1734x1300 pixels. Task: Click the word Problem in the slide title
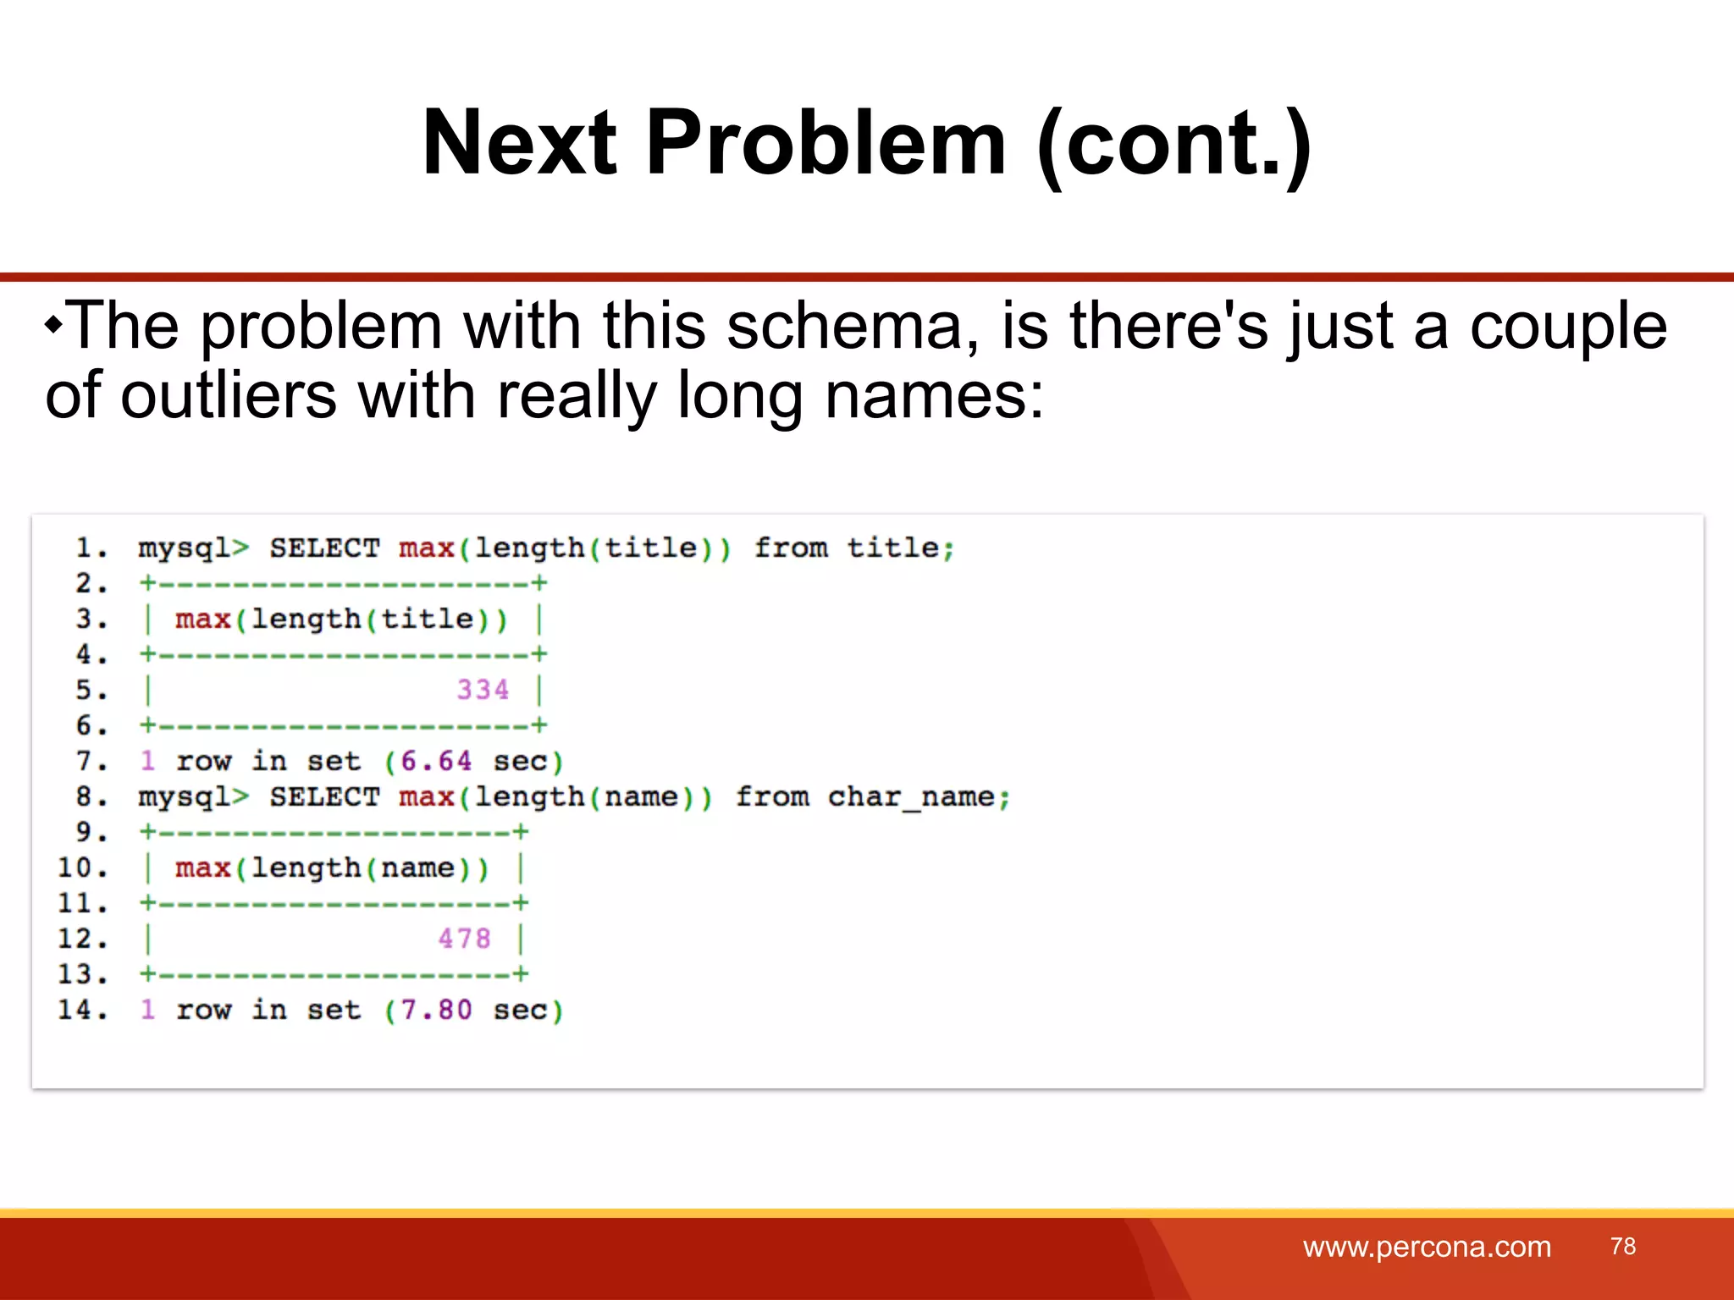click(x=826, y=144)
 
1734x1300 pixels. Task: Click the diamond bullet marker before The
click(x=53, y=324)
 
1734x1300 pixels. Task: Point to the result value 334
click(x=483, y=690)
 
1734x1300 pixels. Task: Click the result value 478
click(x=464, y=939)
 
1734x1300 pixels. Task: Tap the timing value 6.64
click(x=436, y=761)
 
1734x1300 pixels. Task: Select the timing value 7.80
click(x=436, y=1010)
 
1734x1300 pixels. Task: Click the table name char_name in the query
click(x=911, y=797)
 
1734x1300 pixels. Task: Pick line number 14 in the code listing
click(x=81, y=1010)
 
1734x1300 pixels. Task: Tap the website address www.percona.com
click(x=1427, y=1247)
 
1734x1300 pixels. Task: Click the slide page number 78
click(x=1623, y=1246)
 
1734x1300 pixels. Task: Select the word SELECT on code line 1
click(x=324, y=548)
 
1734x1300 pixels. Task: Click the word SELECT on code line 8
click(x=324, y=797)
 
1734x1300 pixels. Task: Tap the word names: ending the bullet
click(x=934, y=396)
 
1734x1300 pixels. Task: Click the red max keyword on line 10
click(x=203, y=868)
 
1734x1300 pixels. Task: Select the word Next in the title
click(x=519, y=144)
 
